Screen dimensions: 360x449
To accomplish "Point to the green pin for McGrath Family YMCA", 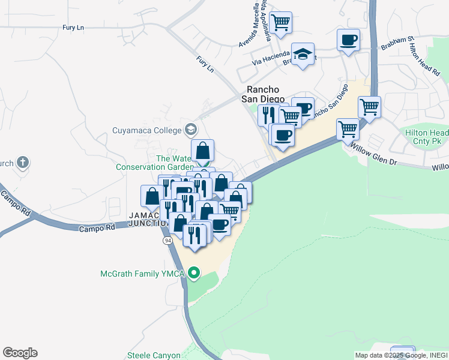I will (193, 274).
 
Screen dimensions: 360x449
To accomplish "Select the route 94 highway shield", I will (167, 240).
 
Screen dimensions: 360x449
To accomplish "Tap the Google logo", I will (20, 353).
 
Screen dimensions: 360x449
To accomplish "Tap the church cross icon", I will (23, 162).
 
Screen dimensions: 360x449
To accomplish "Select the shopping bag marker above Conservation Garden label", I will (203, 151).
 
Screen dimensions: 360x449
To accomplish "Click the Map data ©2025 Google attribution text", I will (401, 355).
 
